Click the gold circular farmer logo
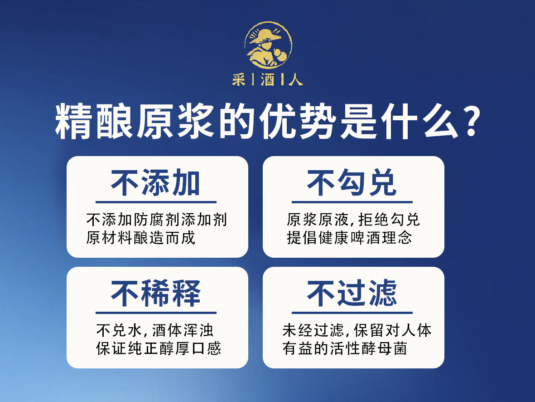coord(268,45)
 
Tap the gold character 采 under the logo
coord(238,80)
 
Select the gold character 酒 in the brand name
coord(268,80)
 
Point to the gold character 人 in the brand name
coord(295,80)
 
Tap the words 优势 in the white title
coord(297,122)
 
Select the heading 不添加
coord(156,183)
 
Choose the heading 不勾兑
coord(352,183)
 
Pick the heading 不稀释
coord(156,293)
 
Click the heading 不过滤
coord(352,293)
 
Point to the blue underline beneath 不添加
coord(156,202)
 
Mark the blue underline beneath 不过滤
coord(352,313)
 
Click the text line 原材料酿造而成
coord(140,238)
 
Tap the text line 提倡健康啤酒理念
coord(349,238)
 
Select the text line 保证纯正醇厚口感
coord(159,348)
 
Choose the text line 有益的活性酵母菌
coord(345,348)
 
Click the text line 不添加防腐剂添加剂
coord(157,220)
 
